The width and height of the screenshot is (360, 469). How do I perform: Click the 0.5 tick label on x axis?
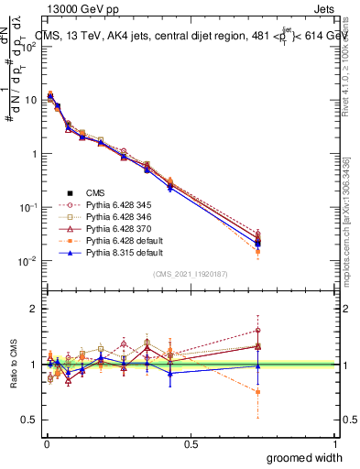click(x=191, y=443)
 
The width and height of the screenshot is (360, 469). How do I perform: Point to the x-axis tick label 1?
click(x=335, y=443)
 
